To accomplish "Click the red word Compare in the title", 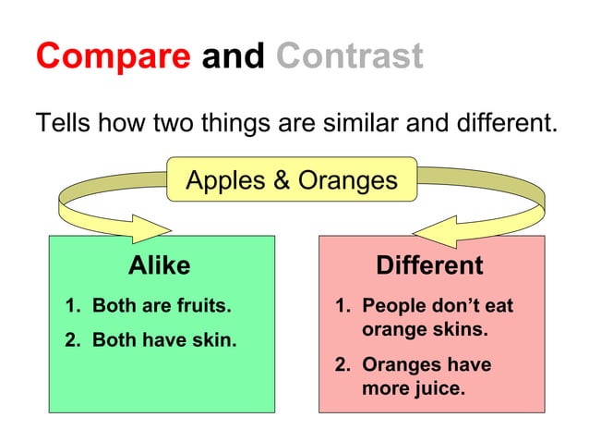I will pos(114,57).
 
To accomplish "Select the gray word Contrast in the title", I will pos(349,57).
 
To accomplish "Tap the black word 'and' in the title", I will pos(234,57).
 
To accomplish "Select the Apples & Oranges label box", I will pos(292,179).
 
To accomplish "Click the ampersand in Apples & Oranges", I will pos(280,179).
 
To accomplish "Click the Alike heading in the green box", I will pos(159,266).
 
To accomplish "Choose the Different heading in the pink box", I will pos(429,266).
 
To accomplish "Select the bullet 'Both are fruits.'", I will pos(161,305).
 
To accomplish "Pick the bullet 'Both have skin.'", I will pos(164,340).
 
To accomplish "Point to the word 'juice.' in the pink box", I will pos(439,388).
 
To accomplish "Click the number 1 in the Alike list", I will pos(70,305).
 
